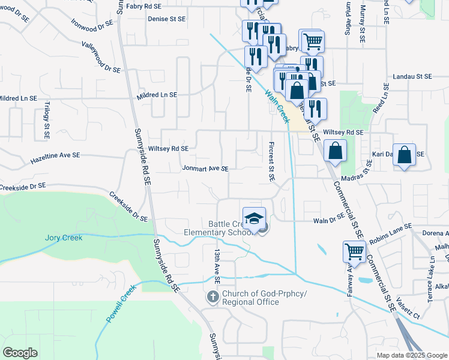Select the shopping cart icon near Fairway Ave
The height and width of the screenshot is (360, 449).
(354, 251)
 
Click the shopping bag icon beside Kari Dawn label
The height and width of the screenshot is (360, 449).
(405, 155)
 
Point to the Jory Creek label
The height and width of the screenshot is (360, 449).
(64, 238)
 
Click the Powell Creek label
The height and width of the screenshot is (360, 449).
(122, 303)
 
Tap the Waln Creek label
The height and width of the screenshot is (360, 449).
(277, 106)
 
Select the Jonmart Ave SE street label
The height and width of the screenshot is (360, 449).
(205, 169)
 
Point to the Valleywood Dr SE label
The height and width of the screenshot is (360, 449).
(101, 57)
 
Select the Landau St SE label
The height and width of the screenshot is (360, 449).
(412, 77)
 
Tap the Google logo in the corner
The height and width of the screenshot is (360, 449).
(20, 352)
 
